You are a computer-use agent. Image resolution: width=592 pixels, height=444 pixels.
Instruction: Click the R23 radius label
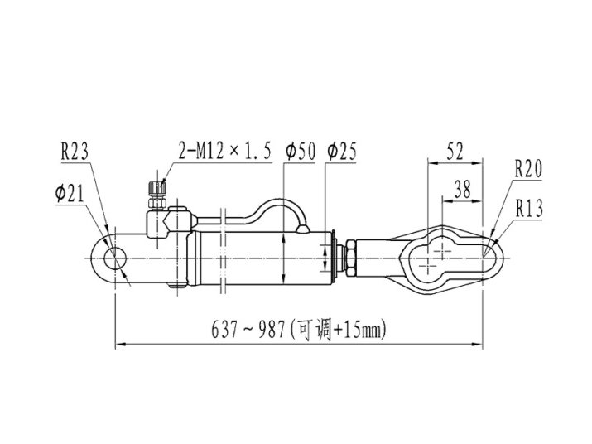pos(75,152)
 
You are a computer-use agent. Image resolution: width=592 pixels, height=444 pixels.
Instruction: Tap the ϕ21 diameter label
pos(70,194)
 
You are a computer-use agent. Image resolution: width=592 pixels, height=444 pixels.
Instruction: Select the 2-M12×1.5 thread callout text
pos(225,151)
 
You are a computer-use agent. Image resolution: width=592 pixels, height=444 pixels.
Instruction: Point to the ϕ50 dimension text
pos(301,152)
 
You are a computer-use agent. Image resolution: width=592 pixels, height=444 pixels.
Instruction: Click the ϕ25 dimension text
pos(342,152)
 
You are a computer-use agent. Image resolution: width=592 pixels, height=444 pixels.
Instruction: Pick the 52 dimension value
pos(455,152)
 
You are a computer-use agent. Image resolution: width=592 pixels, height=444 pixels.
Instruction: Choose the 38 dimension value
pos(463,190)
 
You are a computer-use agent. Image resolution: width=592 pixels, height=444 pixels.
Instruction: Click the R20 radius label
pos(528,169)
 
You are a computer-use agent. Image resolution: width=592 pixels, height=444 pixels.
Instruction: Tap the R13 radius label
pos(529,209)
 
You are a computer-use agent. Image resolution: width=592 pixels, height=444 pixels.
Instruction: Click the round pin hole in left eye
pos(115,258)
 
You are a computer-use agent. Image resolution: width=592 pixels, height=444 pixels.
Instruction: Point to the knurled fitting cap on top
pos(157,188)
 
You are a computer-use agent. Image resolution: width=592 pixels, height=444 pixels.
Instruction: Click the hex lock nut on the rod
pos(350,258)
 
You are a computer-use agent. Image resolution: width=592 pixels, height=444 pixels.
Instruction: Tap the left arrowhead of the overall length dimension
pos(121,344)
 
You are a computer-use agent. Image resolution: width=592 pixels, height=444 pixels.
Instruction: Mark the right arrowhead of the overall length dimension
pos(477,344)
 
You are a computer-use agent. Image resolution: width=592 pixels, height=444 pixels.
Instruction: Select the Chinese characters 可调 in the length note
pos(315,330)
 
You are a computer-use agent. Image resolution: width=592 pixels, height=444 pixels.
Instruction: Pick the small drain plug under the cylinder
pos(176,286)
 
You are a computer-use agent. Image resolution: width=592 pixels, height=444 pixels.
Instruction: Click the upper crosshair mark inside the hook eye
pos(442,251)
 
